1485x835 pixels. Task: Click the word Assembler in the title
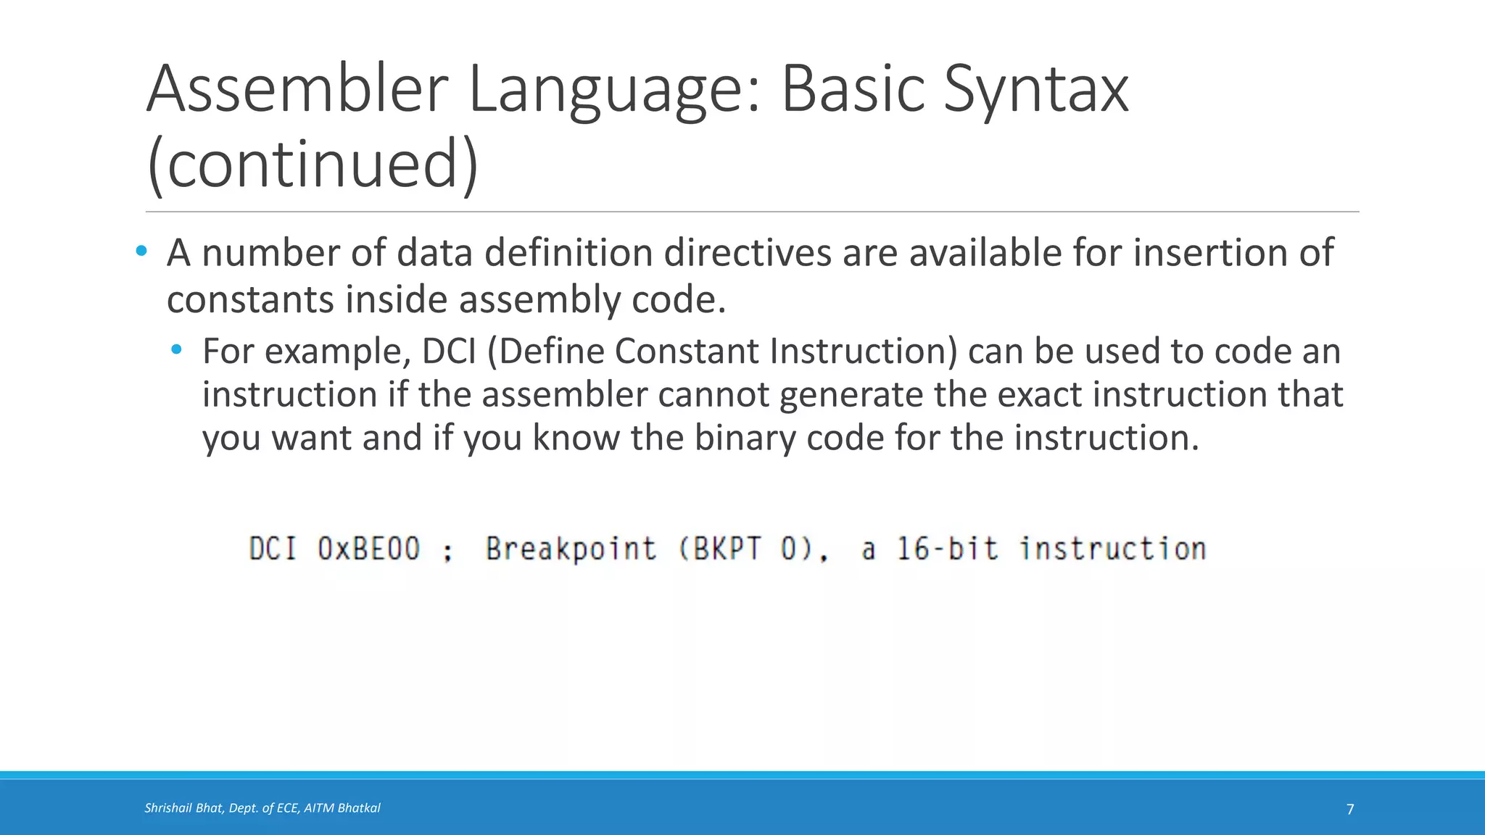298,90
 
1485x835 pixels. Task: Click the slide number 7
1349,810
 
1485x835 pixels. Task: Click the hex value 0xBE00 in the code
368,549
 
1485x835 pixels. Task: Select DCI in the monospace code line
273,549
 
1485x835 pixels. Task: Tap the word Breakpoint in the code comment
571,549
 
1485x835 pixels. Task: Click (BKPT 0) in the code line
753,549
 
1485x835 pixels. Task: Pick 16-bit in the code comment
947,549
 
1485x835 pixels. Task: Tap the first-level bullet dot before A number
141,252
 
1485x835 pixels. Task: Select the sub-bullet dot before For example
176,350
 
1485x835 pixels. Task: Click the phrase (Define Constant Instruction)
722,351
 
